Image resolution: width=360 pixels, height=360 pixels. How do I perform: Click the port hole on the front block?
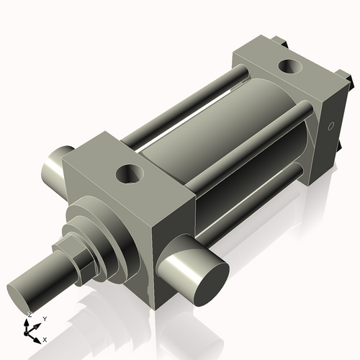(x=131, y=174)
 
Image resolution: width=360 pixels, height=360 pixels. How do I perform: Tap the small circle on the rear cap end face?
(x=331, y=126)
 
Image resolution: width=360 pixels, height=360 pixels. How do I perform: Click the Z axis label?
(x=29, y=315)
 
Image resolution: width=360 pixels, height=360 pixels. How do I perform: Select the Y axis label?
(x=44, y=318)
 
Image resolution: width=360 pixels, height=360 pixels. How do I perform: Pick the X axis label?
(x=45, y=338)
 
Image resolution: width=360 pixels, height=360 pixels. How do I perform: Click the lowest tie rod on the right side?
(x=252, y=209)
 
